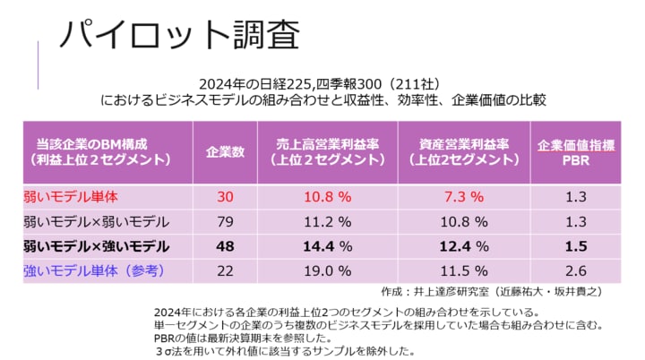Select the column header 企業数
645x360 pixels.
226,151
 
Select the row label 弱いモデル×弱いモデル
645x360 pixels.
92,221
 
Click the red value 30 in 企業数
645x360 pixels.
226,196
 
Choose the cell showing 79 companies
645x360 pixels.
226,221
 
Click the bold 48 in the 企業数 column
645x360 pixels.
226,245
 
